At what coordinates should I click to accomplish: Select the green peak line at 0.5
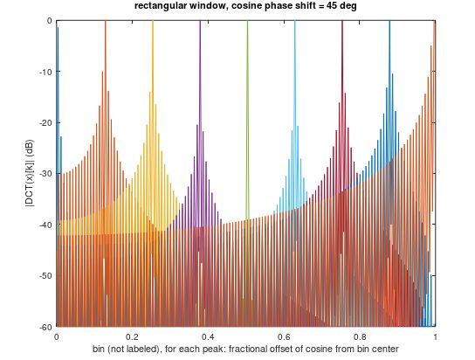[247, 105]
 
